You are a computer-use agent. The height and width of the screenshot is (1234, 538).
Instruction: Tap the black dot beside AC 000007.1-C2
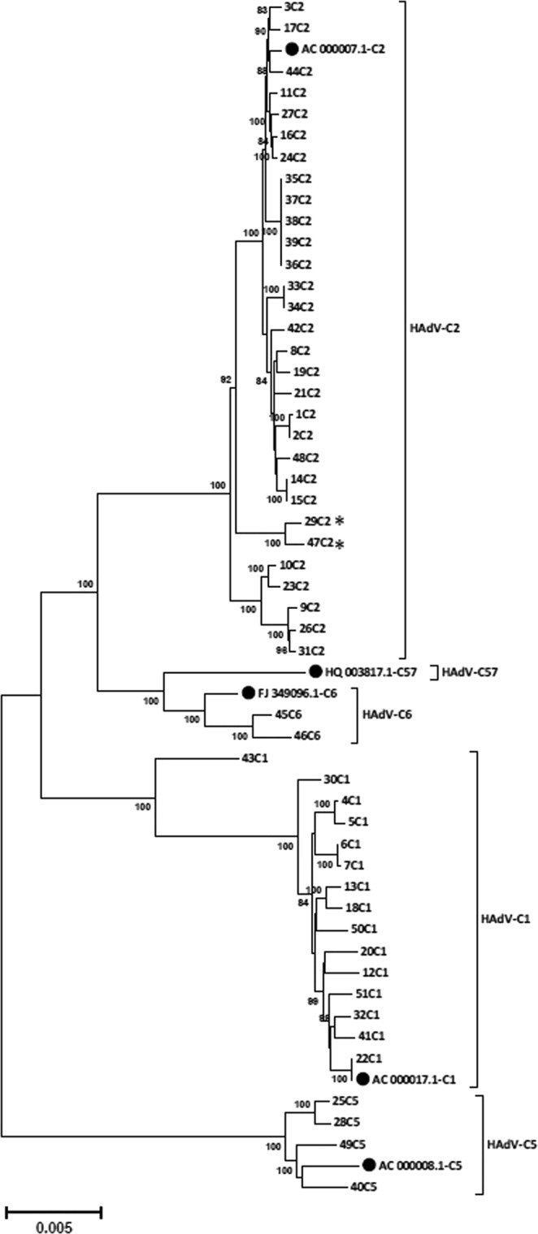coord(293,49)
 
